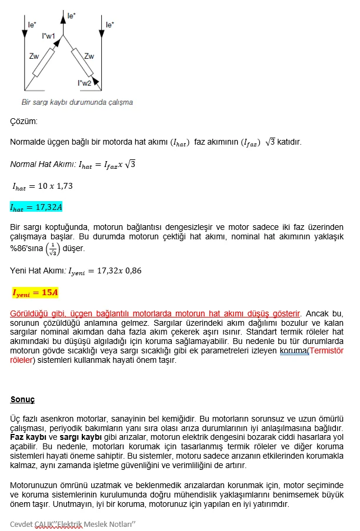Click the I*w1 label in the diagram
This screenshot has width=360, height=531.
click(49, 36)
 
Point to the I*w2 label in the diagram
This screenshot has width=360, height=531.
click(84, 84)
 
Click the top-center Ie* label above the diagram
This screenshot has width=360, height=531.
click(71, 16)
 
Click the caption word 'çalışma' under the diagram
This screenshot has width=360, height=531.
click(119, 102)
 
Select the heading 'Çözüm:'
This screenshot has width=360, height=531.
click(24, 122)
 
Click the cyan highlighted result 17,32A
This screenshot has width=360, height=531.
click(36, 207)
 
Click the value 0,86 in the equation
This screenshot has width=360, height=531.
click(131, 271)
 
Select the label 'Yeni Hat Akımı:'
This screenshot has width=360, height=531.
click(38, 271)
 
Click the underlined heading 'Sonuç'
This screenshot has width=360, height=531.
click(22, 400)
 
